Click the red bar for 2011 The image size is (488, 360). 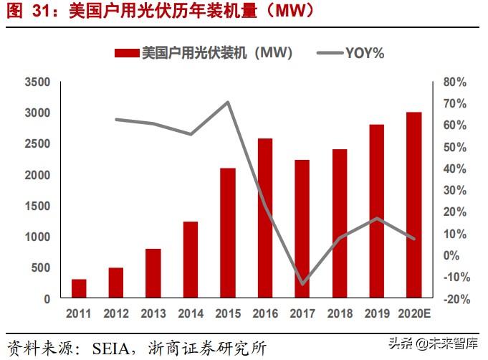tap(79, 288)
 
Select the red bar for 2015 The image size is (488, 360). tap(227, 233)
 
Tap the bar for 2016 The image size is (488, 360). tap(264, 218)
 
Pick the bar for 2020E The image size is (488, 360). tap(413, 205)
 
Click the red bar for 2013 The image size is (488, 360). tap(153, 273)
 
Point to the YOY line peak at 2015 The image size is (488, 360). tap(227, 102)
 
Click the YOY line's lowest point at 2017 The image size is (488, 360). tap(302, 284)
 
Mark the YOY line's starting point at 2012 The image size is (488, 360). tap(116, 119)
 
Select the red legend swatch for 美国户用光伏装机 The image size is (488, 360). tap(126, 53)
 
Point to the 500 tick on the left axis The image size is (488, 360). tap(40, 268)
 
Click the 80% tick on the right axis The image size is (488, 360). tap(455, 82)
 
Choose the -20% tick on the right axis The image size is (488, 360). tap(455, 299)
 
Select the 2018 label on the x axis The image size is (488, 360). tap(339, 314)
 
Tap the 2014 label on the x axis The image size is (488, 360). tap(190, 314)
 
